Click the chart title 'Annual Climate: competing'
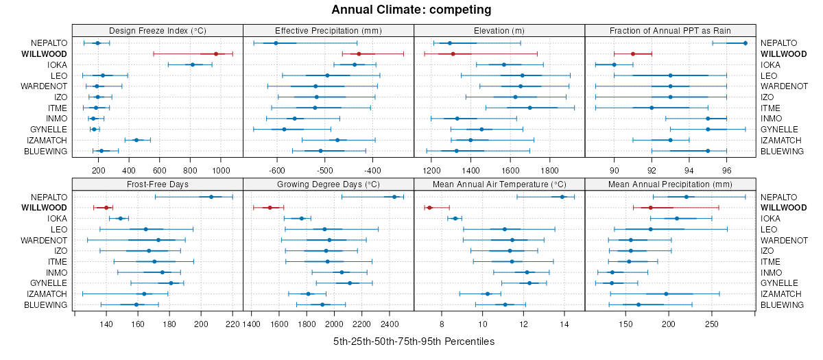coord(411,10)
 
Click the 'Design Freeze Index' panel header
coord(158,31)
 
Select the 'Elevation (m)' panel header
coord(499,31)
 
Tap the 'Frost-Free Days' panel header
coord(158,184)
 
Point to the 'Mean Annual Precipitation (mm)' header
coord(670,184)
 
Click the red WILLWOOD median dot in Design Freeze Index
coord(216,53)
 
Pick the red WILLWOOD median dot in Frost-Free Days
coord(106,208)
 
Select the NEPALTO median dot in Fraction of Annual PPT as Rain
coord(746,43)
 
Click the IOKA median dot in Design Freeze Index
coord(193,64)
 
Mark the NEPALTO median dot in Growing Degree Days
coord(394,197)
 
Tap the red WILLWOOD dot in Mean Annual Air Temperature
coord(429,208)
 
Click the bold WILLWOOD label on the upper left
coord(44,53)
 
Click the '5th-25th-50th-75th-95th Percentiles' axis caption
coord(414,341)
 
